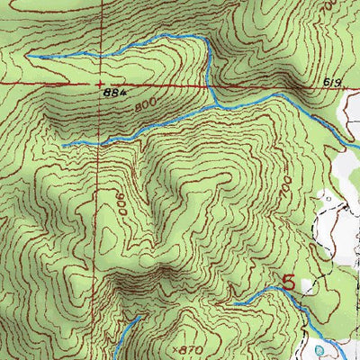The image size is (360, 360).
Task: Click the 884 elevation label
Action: click(x=112, y=92)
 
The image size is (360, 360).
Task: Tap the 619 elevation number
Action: click(x=333, y=83)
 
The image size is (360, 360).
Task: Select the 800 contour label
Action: click(x=143, y=106)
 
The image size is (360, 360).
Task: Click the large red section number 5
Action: click(x=289, y=282)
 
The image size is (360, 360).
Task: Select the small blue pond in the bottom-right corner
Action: click(x=321, y=349)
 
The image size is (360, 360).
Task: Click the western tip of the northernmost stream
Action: click(x=27, y=56)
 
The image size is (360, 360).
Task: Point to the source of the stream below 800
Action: click(x=63, y=145)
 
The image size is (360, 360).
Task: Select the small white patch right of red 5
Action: click(x=310, y=286)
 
